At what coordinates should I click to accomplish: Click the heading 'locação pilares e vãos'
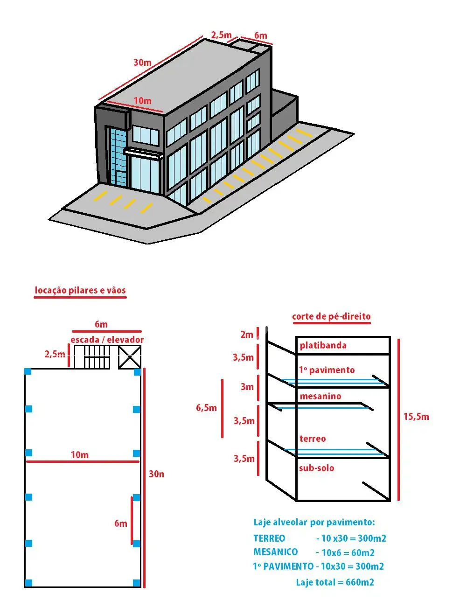coord(80,290)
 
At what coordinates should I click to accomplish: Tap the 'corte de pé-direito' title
coord(331,316)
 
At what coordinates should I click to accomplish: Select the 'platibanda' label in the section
coord(323,345)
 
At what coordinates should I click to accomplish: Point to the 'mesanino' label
coord(321,396)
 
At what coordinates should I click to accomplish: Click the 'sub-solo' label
coord(317,468)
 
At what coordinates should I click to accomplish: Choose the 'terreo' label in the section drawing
coord(313,438)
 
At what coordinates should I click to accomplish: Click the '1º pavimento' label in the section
coord(327,370)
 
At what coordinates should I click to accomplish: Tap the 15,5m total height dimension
coord(416,417)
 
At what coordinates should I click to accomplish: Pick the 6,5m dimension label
coord(206,408)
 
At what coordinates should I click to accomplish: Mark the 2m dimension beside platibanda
coord(247,334)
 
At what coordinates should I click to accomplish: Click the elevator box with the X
coord(130,357)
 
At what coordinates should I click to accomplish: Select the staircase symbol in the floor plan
coord(92,357)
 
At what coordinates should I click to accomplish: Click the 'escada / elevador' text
coord(107,340)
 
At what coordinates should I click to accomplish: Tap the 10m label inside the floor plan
coord(80,454)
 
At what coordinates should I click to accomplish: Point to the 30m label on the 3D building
coord(142,62)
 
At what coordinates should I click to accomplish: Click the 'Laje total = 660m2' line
coord(335,582)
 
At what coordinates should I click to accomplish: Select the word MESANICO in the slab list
coord(275,551)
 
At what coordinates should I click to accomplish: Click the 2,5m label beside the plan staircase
coord(55,354)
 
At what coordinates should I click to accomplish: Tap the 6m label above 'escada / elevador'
coord(101,324)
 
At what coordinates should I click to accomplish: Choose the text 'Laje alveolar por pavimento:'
coord(314,522)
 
